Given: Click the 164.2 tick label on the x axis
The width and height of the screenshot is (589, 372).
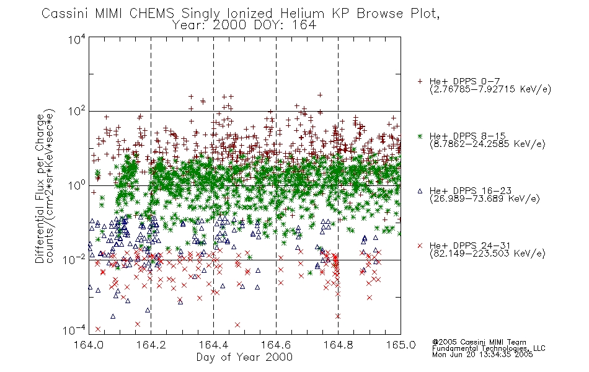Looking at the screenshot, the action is (151, 345).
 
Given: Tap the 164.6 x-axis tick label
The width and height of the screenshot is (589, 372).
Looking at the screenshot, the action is (276, 345).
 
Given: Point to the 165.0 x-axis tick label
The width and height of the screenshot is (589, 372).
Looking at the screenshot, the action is (401, 345).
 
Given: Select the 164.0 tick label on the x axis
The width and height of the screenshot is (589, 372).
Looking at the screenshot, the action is (89, 345).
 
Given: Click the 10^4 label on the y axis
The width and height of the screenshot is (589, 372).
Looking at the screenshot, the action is (77, 39).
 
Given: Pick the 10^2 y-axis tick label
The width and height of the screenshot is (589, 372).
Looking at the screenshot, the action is (77, 112).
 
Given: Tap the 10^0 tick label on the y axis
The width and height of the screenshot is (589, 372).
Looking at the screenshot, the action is (77, 185).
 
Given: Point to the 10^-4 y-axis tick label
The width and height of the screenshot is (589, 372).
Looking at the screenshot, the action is (74, 330).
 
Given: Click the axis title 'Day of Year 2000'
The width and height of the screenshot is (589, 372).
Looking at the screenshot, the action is (244, 357).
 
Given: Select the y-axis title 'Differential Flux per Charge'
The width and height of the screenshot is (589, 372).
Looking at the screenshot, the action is (40, 188).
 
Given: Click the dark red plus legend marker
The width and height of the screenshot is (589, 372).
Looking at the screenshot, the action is (420, 81).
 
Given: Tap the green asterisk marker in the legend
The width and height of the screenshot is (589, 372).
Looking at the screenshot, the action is (420, 136).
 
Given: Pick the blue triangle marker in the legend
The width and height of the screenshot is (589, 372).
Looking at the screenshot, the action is (420, 191).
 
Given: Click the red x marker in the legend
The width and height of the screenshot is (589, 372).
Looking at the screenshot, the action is (420, 246).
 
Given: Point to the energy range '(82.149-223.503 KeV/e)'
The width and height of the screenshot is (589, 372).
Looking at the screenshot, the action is (487, 254).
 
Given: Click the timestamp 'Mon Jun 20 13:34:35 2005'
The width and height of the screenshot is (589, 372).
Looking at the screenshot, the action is (483, 355).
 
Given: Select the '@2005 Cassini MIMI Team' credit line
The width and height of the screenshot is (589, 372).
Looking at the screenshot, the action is (479, 342).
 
